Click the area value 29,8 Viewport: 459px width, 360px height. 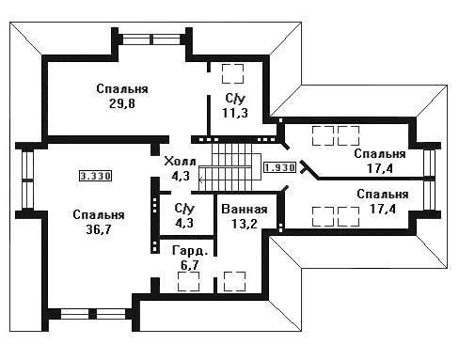(122, 103)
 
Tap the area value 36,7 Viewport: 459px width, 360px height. (99, 229)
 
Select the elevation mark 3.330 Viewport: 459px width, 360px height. (95, 176)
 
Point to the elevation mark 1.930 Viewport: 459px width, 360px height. (279, 167)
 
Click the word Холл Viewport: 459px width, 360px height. (181, 162)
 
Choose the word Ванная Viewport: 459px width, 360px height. (245, 209)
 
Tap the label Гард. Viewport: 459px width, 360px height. (190, 251)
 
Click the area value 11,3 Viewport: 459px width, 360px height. (235, 113)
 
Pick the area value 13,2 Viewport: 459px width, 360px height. (245, 224)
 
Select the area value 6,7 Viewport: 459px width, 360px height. (190, 265)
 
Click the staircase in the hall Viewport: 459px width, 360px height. (230, 167)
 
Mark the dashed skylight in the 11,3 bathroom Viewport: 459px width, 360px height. (232, 73)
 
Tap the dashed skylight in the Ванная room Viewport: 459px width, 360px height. (234, 281)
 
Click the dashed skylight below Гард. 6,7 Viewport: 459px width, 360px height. (189, 281)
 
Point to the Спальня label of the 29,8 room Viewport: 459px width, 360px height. (122, 89)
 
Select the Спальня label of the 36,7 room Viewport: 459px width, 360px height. (99, 215)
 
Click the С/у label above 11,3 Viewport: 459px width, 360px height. (235, 99)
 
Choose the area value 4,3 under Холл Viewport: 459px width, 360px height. (181, 176)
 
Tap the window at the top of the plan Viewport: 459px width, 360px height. (151, 39)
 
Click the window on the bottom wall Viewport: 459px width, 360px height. (92, 314)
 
